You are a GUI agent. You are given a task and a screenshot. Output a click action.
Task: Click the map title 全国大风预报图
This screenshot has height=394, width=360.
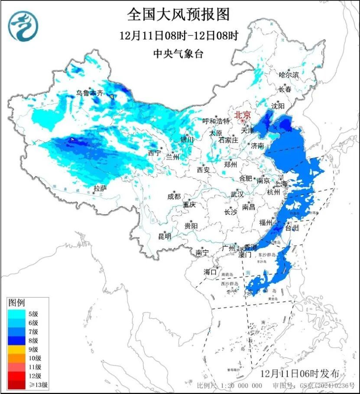178,14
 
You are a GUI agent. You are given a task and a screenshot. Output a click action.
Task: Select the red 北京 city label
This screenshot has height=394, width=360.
243,115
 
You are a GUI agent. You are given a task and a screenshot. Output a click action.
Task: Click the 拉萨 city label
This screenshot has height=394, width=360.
101,188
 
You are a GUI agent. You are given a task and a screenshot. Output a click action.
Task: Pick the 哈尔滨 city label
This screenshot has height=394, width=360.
289,75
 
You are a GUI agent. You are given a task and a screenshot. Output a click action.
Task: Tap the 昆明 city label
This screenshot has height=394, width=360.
165,236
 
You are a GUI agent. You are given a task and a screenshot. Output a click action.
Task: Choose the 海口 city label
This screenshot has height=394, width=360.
210,272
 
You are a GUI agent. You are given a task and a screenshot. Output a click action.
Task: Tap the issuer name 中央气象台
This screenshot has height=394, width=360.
178,54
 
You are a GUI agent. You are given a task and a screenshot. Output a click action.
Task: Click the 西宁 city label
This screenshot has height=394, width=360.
154,153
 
